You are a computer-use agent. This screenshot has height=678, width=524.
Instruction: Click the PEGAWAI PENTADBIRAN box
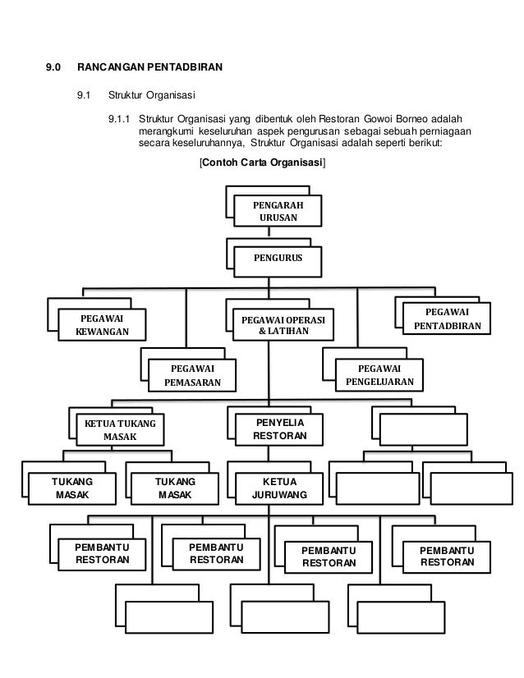coord(448,318)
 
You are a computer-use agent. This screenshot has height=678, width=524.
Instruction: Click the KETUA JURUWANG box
coord(280,488)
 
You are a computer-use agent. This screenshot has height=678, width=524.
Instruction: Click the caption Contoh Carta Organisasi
coord(262,164)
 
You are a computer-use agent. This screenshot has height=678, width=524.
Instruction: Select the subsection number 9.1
coord(84,94)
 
